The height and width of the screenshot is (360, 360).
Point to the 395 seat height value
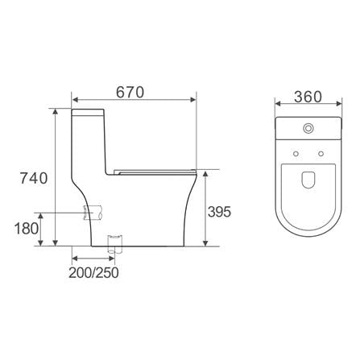coord(219,212)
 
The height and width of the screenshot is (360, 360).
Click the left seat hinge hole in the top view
coord(295,152)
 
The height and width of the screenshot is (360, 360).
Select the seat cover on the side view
coord(155,171)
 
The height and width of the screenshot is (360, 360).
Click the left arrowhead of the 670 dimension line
coord(75,101)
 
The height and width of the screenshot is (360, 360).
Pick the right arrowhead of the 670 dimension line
coord(194,101)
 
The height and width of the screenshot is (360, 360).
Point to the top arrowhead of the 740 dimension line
coord(55,111)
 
